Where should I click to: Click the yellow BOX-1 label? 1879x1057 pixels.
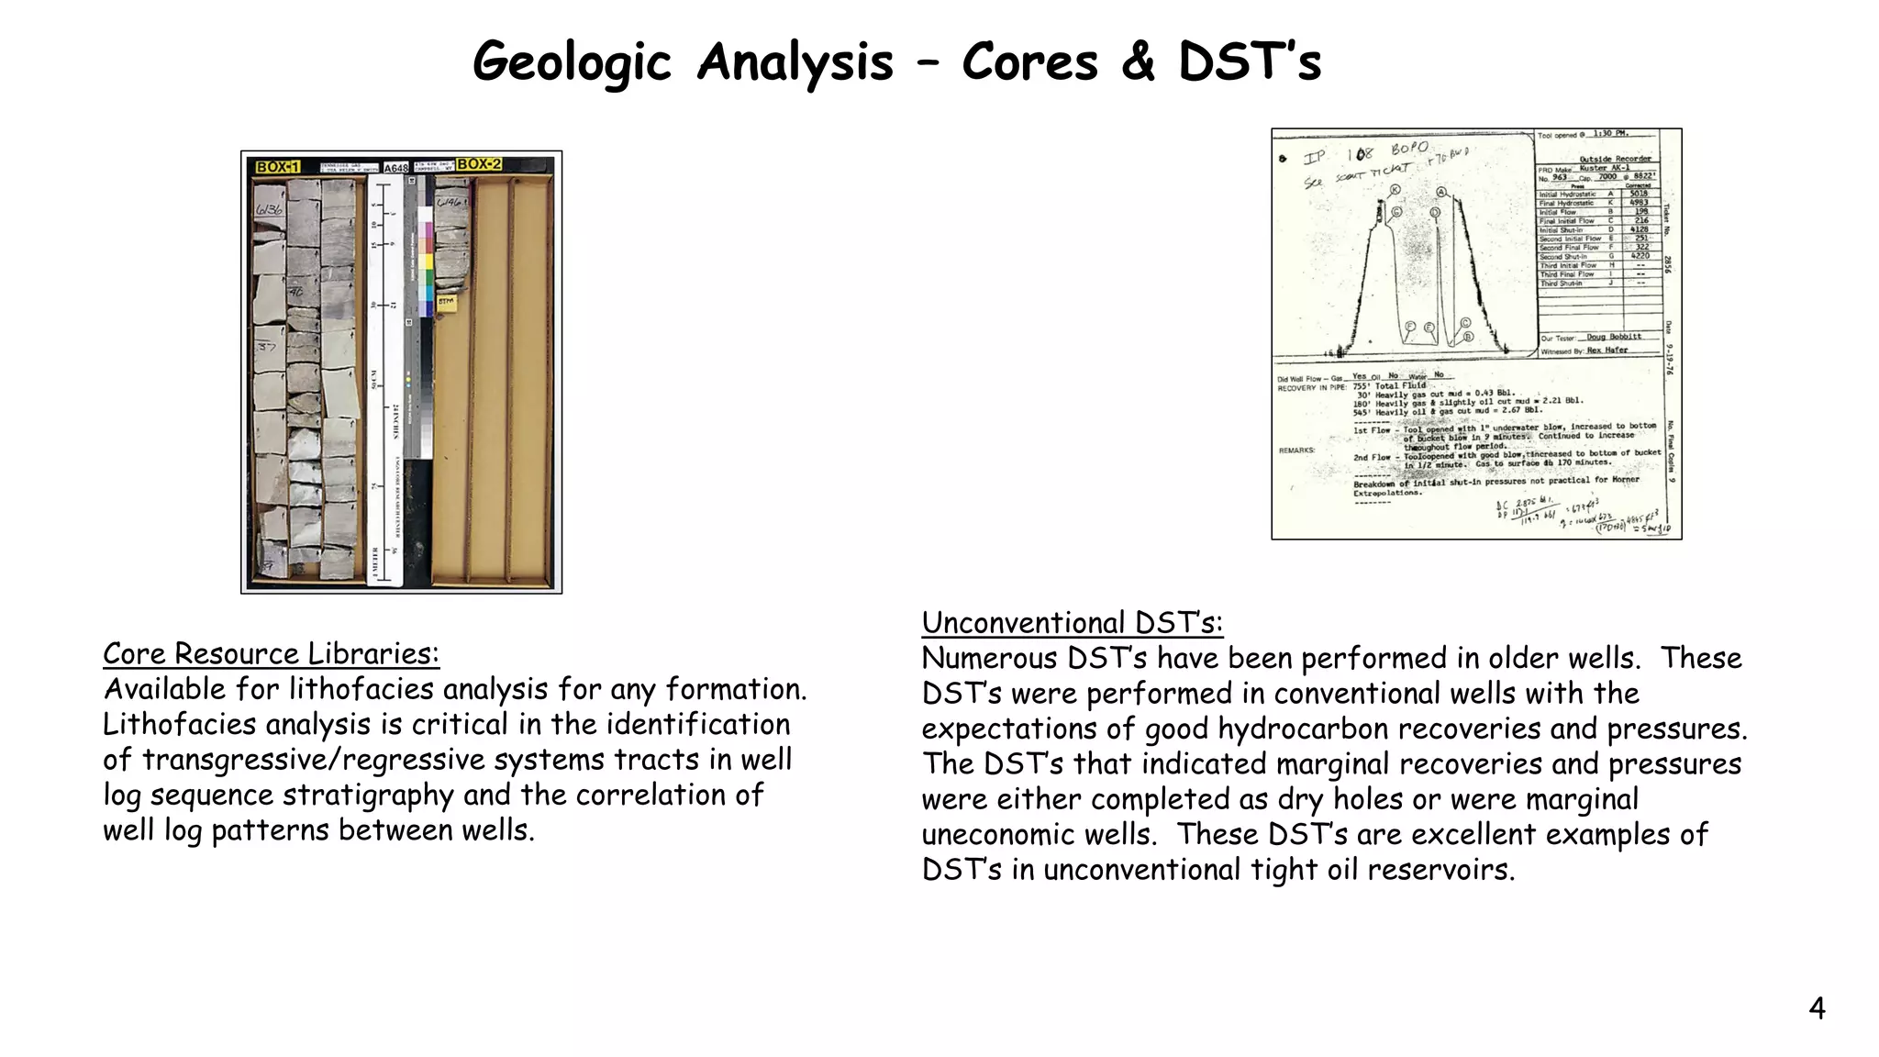coord(278,167)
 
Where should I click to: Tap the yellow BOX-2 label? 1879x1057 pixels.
coord(479,164)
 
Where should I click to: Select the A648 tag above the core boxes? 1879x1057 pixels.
coord(396,168)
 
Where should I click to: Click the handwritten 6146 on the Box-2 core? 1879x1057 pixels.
coord(449,202)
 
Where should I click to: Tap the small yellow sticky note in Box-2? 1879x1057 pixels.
coord(446,301)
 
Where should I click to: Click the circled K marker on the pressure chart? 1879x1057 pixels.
coord(1395,190)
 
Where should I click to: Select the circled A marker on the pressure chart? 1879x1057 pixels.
coord(1441,192)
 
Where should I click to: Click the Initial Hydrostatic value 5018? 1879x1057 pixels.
coord(1639,194)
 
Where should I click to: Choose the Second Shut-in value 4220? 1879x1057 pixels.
coord(1640,256)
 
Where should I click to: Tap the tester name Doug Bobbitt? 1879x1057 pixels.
coord(1614,337)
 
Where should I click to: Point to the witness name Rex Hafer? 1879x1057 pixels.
coord(1607,350)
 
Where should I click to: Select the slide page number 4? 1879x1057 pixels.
coord(1817,1008)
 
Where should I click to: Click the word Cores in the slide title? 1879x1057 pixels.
coord(1029,62)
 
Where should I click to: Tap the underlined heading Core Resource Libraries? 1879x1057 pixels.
coord(271,653)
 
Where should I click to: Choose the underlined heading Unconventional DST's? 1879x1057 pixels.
coord(1072,623)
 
